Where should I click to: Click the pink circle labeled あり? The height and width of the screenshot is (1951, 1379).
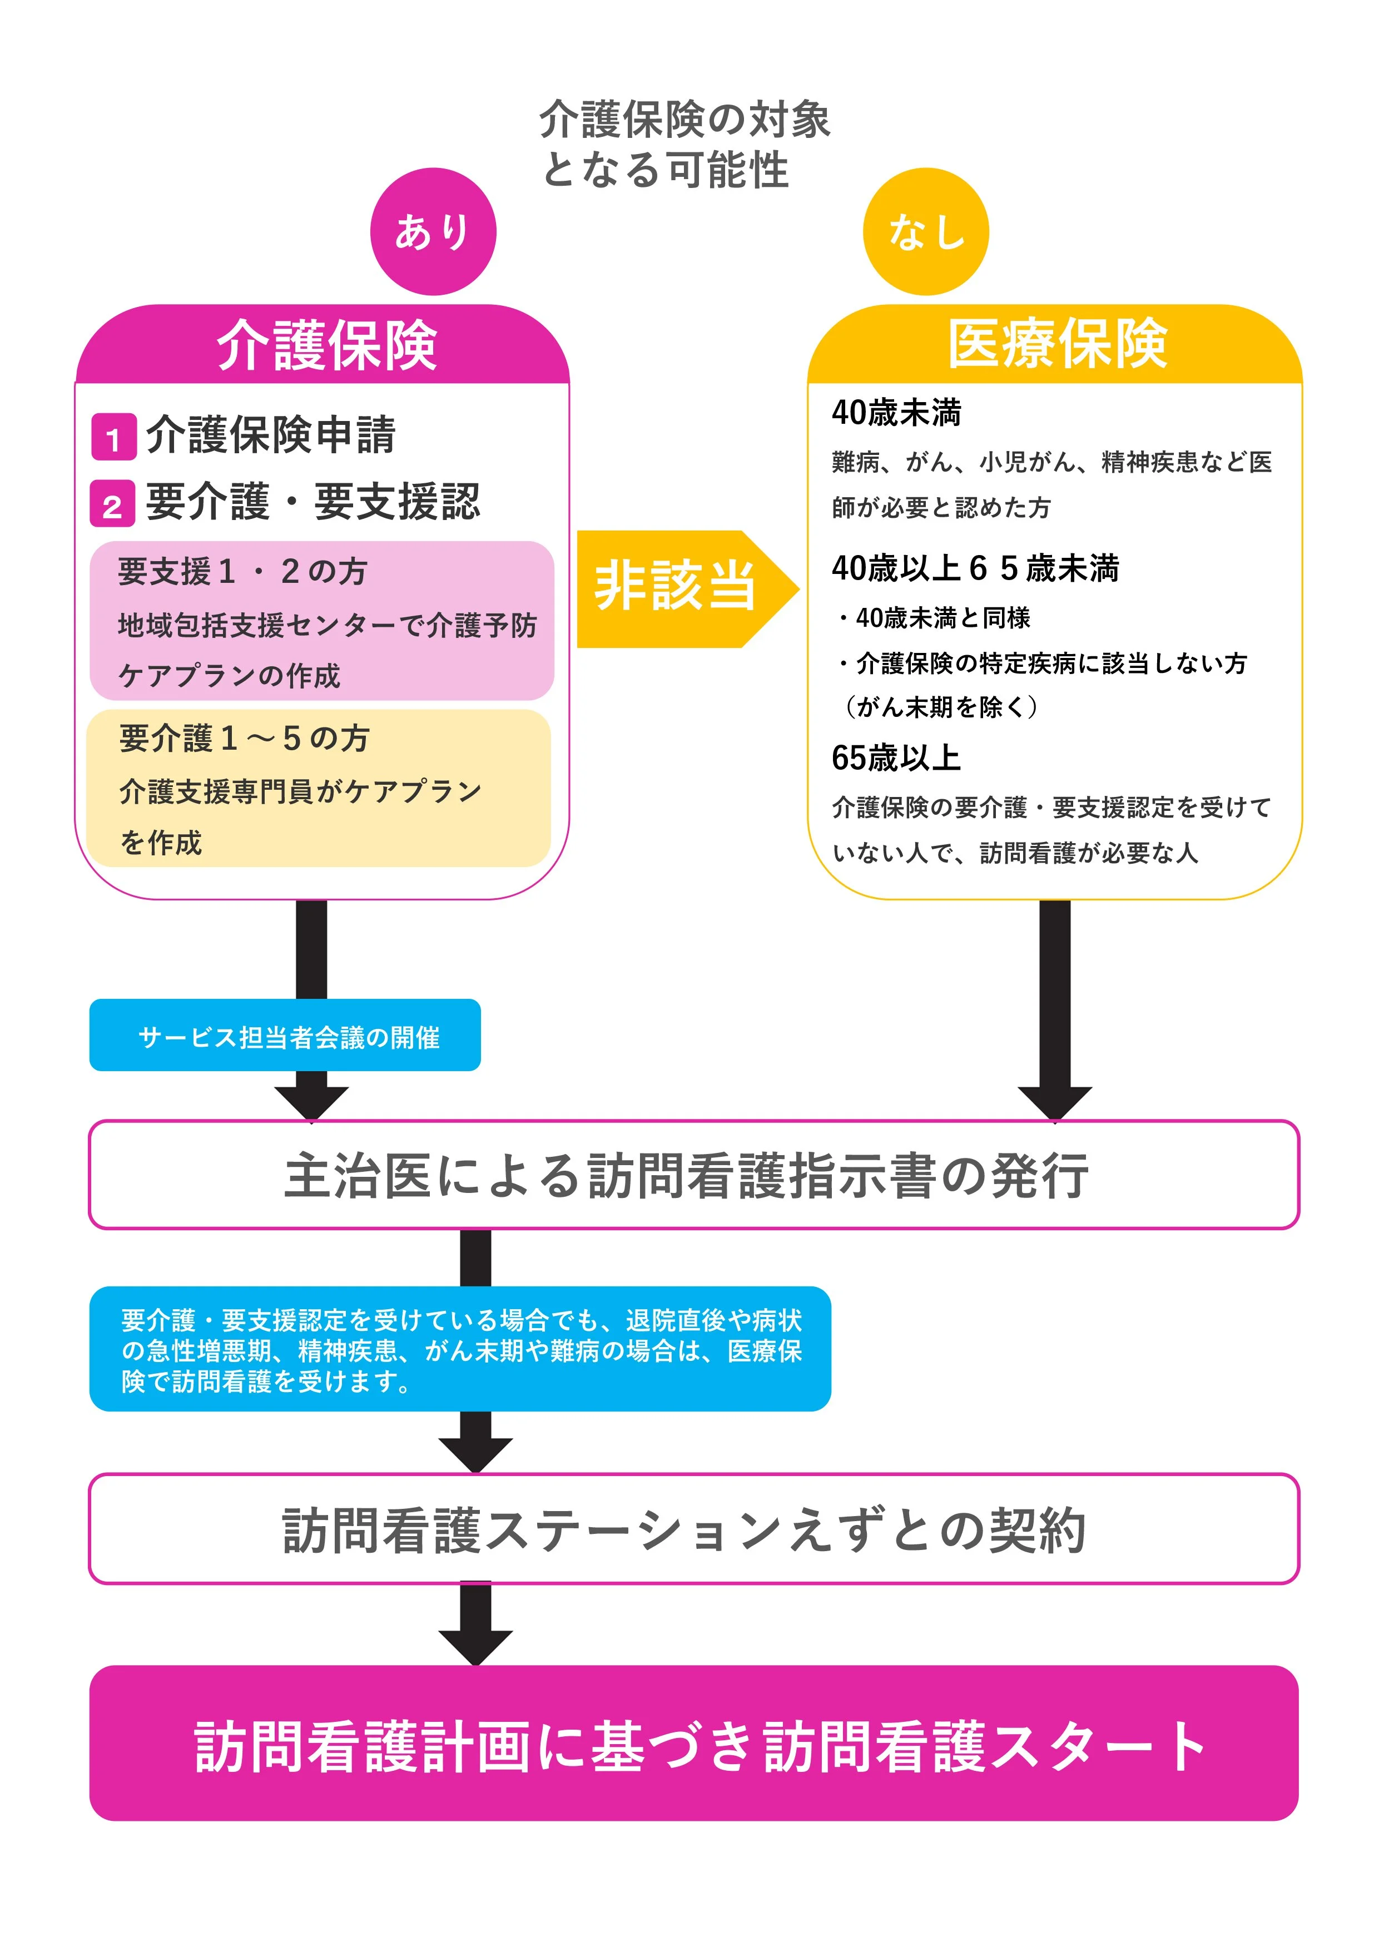(x=433, y=231)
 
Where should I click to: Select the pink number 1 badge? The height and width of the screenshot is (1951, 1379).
(x=113, y=438)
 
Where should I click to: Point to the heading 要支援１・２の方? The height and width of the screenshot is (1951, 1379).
(x=242, y=572)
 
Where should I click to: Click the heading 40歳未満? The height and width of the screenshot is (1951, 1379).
(x=896, y=413)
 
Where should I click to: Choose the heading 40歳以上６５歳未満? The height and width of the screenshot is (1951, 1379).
(x=975, y=568)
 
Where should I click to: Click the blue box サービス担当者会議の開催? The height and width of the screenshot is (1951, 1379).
(x=285, y=1036)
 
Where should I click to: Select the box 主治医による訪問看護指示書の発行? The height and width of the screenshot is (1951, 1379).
(x=693, y=1175)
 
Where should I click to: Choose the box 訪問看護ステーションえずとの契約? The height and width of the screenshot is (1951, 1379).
(x=693, y=1529)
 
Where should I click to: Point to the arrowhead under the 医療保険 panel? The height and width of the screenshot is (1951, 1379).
(x=1054, y=1102)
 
